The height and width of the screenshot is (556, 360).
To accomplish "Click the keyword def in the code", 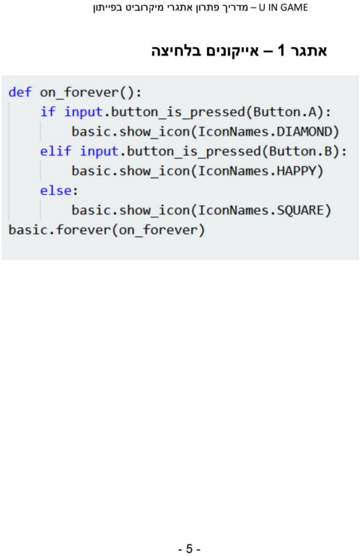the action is [20, 92].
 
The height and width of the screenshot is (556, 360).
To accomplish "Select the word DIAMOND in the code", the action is [304, 132].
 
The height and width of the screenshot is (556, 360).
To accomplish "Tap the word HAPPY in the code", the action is [296, 172].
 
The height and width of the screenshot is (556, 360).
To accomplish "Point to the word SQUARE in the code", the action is [300, 211].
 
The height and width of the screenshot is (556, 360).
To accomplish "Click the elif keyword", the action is [55, 151].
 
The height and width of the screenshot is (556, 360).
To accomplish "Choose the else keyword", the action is [55, 191].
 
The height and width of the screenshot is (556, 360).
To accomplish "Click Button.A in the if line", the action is [284, 112].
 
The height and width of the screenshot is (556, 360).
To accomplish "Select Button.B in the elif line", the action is [300, 151].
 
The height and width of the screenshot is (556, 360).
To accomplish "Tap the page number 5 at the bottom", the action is [189, 549].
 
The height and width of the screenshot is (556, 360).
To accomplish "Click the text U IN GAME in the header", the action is [283, 7].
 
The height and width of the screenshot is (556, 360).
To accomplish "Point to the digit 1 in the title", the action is [281, 50].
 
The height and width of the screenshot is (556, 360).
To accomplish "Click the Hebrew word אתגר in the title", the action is [308, 51].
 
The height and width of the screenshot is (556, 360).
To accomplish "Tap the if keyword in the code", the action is [47, 112].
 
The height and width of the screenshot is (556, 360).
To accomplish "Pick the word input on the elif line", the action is [99, 152].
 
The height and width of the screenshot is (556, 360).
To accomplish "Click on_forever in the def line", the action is [79, 93].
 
